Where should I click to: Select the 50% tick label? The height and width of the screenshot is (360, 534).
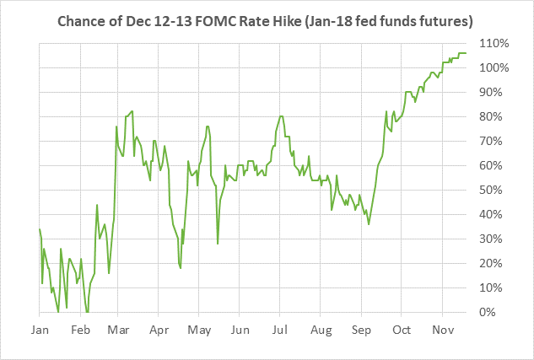[x=495, y=191]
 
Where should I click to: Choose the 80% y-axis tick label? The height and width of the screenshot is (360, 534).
[x=495, y=116]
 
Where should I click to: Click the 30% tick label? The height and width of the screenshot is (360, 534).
[x=495, y=239]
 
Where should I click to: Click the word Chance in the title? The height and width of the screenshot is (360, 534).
[x=81, y=19]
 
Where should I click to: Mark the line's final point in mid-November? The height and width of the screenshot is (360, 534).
[x=466, y=53]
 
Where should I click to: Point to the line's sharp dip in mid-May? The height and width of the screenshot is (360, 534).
[x=218, y=244]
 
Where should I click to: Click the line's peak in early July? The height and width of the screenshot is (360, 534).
[x=281, y=116]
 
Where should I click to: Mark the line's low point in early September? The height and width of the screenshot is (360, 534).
[x=369, y=223]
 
